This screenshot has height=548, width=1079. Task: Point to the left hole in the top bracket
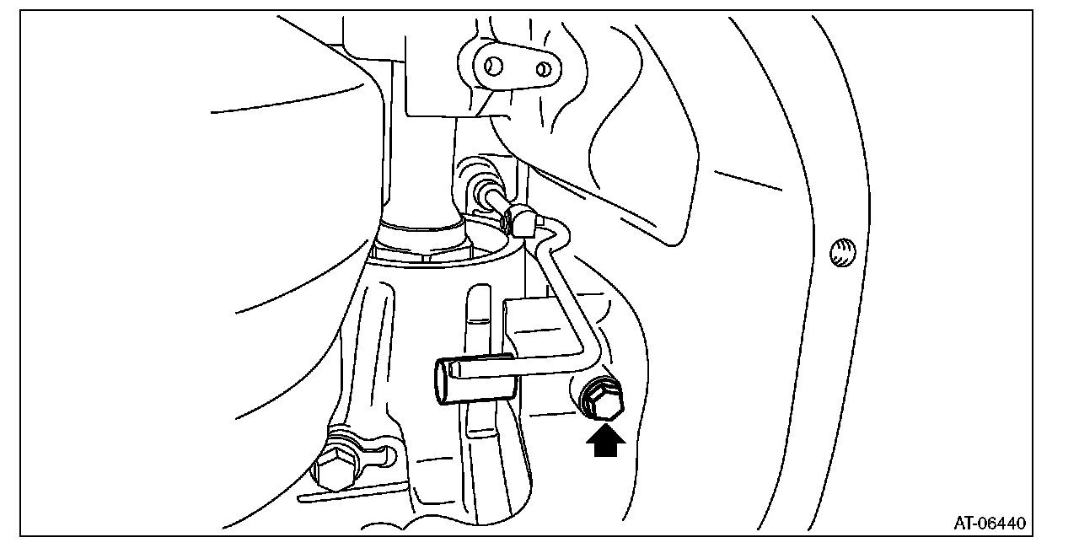(494, 65)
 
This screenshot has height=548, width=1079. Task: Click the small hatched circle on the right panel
(840, 252)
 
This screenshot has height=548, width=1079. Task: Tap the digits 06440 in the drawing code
(1003, 524)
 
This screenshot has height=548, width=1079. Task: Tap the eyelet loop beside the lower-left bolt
(379, 455)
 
